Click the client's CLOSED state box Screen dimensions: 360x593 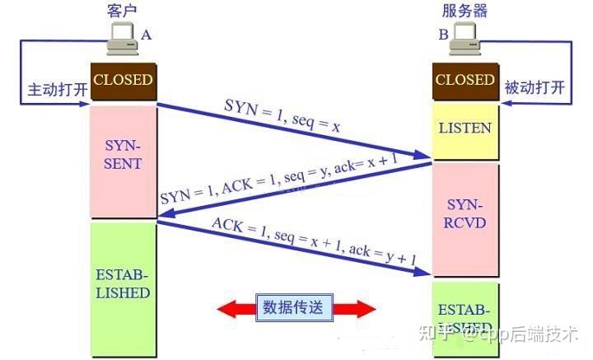pos(123,81)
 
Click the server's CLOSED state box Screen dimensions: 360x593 pos(465,81)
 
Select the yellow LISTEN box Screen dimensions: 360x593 pos(465,128)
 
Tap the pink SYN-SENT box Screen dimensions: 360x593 pos(123,154)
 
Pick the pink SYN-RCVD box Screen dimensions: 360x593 pos(465,213)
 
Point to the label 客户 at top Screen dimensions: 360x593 pos(121,9)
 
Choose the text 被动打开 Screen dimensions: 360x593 pos(535,88)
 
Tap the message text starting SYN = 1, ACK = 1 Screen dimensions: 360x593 pos(284,182)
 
